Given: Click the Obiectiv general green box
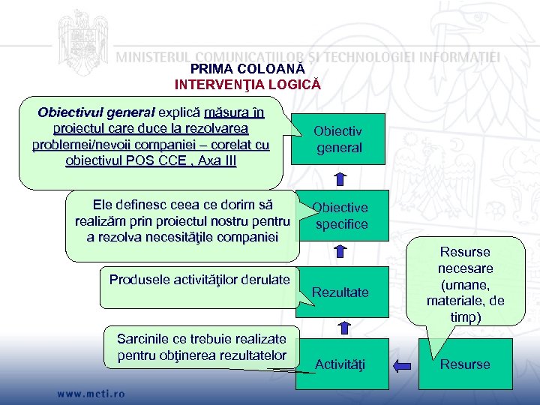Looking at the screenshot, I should (339, 139).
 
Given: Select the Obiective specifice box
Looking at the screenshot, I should (340, 216).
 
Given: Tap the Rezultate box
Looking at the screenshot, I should (340, 292).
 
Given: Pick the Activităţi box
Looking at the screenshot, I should (340, 364).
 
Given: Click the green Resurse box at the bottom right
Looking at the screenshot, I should (465, 364).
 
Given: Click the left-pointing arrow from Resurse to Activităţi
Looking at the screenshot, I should (402, 365).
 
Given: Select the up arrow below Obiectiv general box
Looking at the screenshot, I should (340, 178).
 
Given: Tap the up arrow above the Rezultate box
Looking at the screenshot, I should (342, 252).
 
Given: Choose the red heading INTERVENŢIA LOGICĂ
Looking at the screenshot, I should (247, 84).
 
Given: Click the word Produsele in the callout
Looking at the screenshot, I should (136, 280).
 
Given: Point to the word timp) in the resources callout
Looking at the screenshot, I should (465, 317).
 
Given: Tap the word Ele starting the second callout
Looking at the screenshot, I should (103, 205).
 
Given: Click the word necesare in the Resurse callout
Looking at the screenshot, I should (465, 268).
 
